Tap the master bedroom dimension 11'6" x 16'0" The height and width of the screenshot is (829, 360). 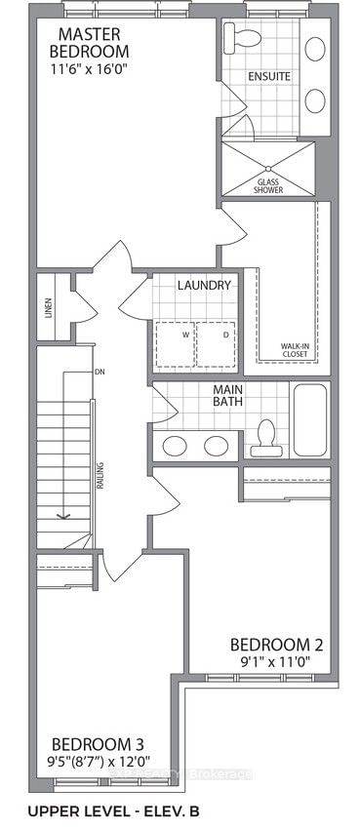click(x=89, y=69)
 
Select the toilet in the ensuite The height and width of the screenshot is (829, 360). click(x=238, y=38)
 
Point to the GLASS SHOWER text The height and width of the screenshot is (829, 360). click(x=268, y=185)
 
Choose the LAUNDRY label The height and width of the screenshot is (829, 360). click(x=204, y=285)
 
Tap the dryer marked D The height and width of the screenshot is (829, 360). click(x=225, y=335)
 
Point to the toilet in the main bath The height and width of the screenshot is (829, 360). click(x=265, y=438)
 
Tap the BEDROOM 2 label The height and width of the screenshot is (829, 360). click(x=277, y=645)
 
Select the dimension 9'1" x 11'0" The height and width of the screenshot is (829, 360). click(x=277, y=663)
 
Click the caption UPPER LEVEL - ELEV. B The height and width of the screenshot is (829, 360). click(x=122, y=810)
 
